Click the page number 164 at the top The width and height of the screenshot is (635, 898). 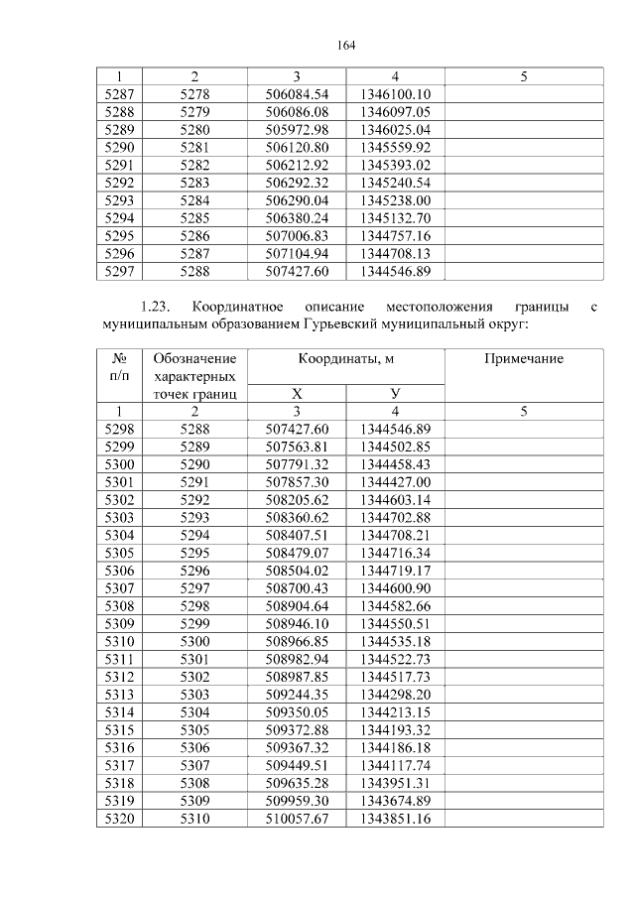point(346,46)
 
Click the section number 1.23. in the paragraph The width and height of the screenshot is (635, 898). point(158,307)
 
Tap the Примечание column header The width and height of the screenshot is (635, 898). point(523,358)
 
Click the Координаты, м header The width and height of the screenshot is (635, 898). point(345,358)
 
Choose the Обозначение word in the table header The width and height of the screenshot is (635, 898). point(195,358)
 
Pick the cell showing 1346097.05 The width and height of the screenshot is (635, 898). point(395,112)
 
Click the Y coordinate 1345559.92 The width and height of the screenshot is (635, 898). point(395,147)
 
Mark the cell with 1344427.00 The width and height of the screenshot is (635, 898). point(395,481)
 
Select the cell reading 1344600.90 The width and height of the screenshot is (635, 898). point(395,588)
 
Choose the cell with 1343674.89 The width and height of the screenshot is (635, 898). point(395,801)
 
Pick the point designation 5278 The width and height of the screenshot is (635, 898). point(194,94)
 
